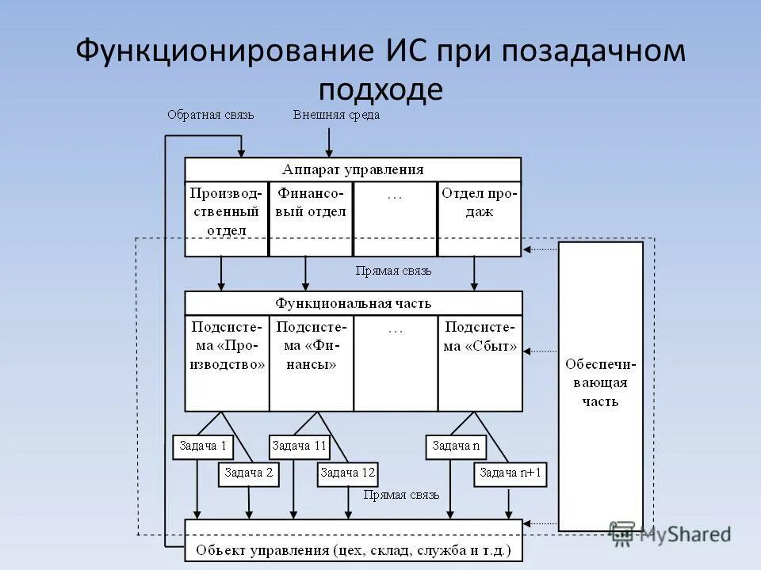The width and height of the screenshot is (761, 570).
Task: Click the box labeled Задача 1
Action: coord(203,446)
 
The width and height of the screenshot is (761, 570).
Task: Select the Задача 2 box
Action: coord(249,473)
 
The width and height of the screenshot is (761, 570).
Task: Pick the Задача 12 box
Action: coord(346,473)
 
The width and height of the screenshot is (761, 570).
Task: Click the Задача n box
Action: coord(456,446)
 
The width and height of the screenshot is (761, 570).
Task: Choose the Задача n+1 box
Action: coord(511,473)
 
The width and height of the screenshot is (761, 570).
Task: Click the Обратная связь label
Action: coord(211,115)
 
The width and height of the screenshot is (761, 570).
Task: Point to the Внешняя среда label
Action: coord(336,115)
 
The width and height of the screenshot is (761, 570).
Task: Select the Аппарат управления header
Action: coord(353,169)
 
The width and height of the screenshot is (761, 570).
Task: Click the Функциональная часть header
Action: coord(354,303)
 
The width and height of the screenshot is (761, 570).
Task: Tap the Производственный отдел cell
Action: coord(227,211)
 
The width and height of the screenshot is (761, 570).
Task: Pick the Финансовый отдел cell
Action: coord(311,203)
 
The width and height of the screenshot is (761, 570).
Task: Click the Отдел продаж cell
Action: coord(479,203)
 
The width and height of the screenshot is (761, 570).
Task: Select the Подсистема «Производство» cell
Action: coord(227,346)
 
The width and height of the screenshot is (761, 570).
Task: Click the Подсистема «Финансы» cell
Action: coord(311,346)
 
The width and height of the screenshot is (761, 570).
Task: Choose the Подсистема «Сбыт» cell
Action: coord(480,336)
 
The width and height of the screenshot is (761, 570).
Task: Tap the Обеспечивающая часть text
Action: coord(600,382)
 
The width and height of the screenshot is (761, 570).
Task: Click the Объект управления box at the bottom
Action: coord(354,548)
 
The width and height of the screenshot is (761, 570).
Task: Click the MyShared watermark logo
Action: coord(670,534)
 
